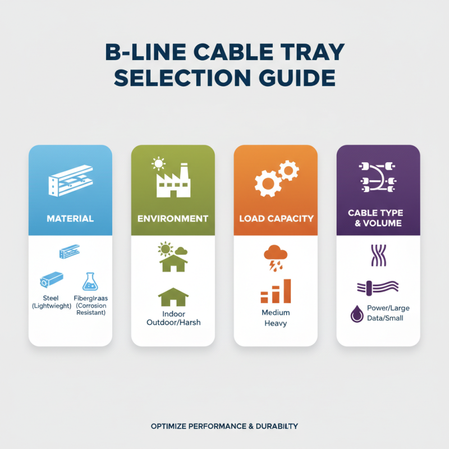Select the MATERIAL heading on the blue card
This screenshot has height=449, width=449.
pos(70,218)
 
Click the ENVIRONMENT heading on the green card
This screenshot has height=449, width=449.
pos(173,218)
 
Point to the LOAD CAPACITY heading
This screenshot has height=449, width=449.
pos(276,218)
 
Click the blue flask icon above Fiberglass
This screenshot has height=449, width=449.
pos(90,282)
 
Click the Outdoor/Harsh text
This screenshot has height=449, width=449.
pos(173,322)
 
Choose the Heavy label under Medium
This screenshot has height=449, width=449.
pos(275,323)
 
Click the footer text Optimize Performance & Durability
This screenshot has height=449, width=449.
pos(224,427)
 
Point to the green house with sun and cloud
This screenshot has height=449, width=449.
pos(173,257)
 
